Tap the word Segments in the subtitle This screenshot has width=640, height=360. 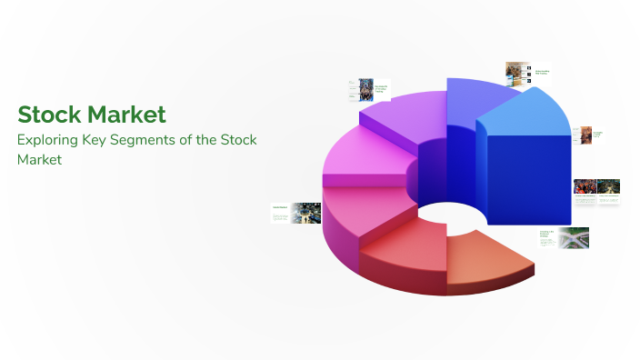163,140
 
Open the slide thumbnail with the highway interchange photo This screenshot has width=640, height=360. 565,238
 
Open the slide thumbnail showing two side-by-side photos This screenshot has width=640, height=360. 596,190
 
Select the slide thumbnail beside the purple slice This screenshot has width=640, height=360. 362,88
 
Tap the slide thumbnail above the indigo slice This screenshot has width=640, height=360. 526,73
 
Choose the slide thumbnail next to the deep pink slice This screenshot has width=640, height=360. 295,214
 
